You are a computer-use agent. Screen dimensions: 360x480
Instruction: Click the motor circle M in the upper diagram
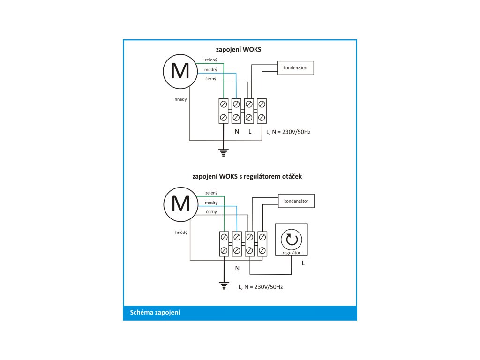tap(180, 71)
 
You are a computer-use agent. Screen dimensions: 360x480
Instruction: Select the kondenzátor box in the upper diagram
tap(295, 68)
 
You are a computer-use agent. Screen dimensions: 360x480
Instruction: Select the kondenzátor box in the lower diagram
tap(296, 201)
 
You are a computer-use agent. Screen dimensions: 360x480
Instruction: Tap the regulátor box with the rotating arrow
tap(292, 239)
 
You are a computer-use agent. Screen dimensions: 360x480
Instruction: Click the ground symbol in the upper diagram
tap(224, 152)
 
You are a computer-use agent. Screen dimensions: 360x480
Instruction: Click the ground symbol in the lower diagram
tap(224, 285)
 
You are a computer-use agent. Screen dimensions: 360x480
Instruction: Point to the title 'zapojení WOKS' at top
tap(238, 49)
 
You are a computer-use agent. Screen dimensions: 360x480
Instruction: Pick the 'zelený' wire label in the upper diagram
tap(210, 60)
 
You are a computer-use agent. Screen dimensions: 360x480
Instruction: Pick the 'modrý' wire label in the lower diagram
tap(211, 202)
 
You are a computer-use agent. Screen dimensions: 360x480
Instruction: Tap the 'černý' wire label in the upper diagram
tap(211, 78)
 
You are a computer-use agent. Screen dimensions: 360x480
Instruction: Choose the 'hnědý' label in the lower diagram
tap(181, 232)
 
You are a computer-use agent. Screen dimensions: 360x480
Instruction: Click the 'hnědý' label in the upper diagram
tap(181, 99)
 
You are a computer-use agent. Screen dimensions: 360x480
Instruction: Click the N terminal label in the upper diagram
tap(237, 132)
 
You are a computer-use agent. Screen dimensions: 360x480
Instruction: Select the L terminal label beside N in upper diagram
tap(250, 132)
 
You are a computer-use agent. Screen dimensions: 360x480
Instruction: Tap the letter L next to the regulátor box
tap(303, 263)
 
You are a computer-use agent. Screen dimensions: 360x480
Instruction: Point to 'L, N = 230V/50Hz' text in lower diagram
tap(260, 286)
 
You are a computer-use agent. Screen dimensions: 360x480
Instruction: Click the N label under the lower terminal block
tap(237, 268)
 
